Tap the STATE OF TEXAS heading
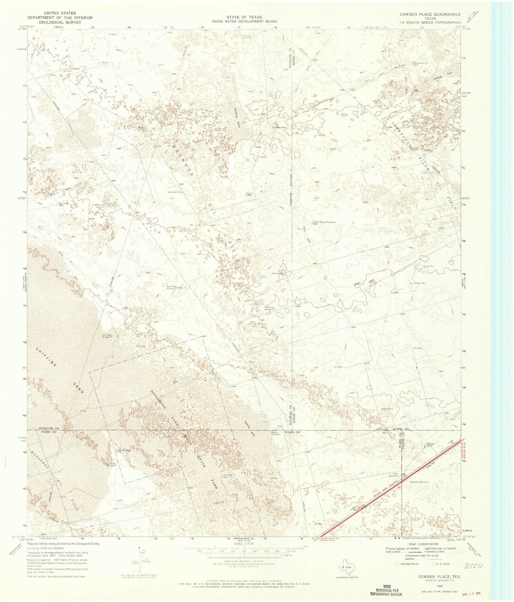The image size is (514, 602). coord(244,17)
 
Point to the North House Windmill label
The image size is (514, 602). coord(324,222)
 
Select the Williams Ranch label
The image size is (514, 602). coord(431,445)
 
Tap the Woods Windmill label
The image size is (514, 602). coord(275,433)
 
